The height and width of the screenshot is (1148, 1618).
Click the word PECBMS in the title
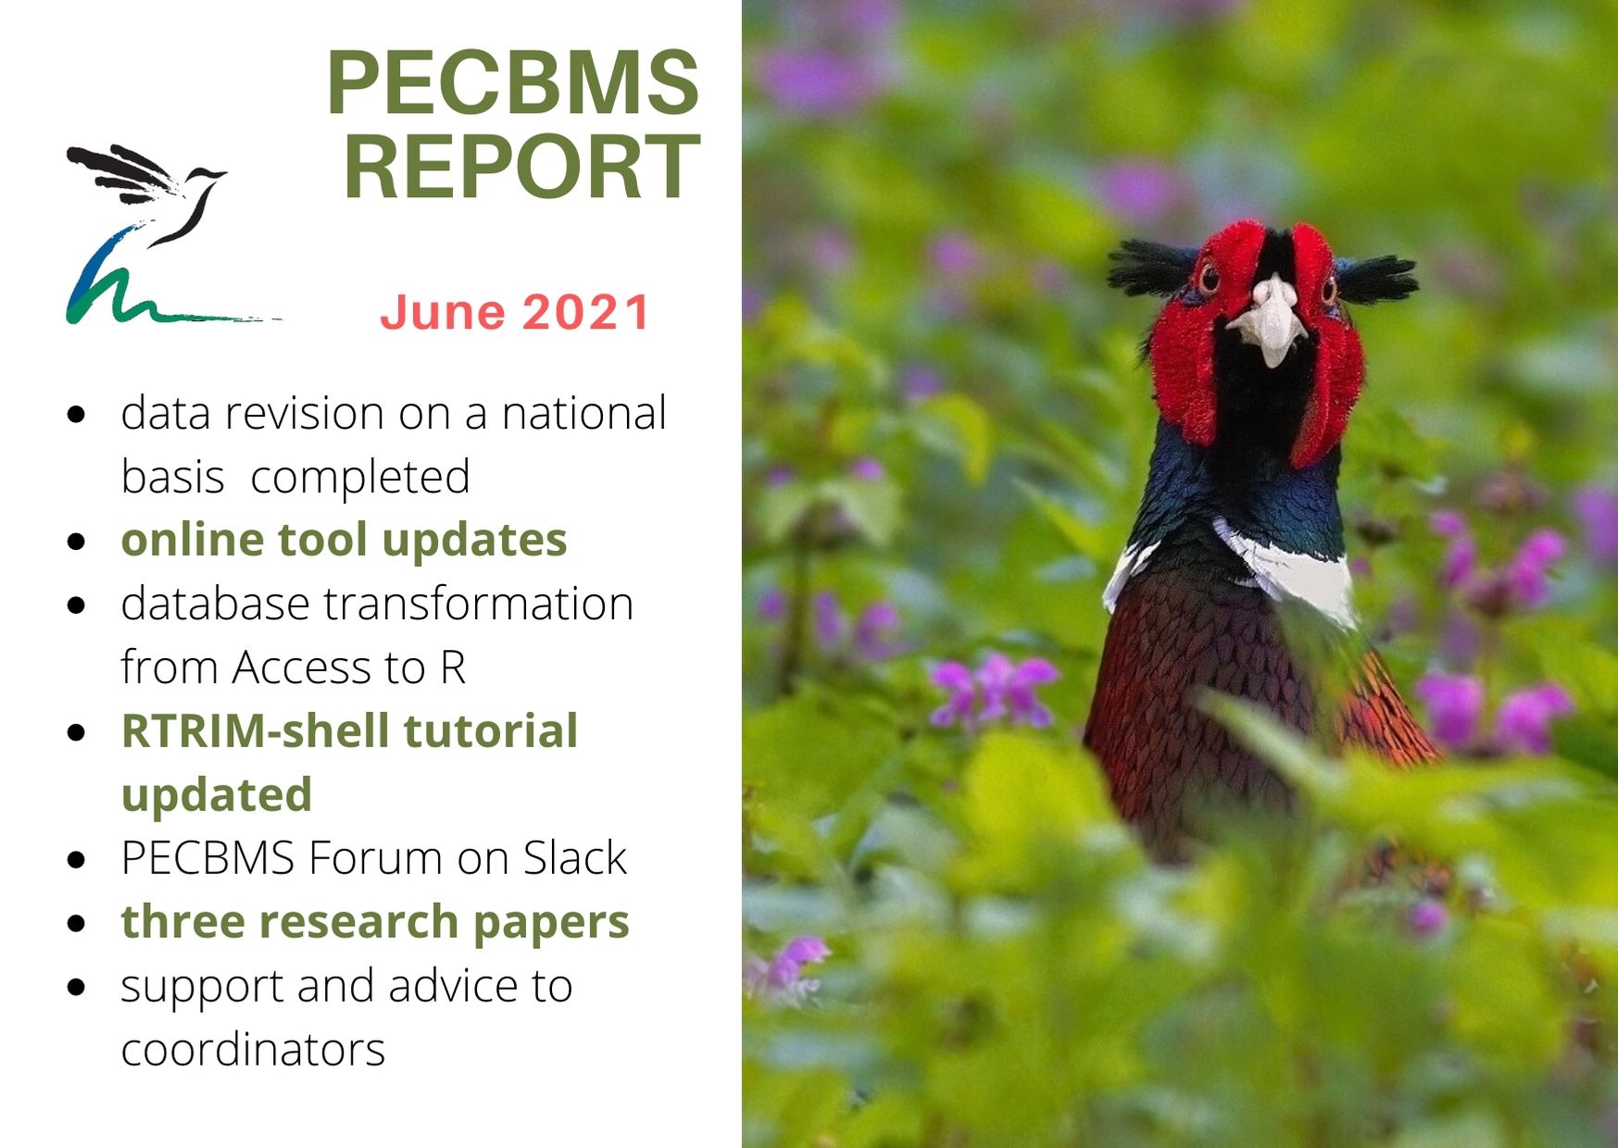[513, 83]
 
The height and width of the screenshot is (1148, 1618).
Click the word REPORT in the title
[521, 168]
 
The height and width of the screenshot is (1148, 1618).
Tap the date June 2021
[515, 312]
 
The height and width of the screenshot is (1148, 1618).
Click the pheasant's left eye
[1209, 278]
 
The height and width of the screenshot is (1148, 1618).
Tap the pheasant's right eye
[1329, 291]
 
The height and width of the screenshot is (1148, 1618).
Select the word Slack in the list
[575, 858]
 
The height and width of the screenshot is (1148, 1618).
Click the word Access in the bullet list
[291, 668]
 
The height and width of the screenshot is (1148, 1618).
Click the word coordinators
[253, 1050]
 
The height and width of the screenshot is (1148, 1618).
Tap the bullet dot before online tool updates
[78, 542]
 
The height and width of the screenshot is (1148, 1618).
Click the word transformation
[478, 605]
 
